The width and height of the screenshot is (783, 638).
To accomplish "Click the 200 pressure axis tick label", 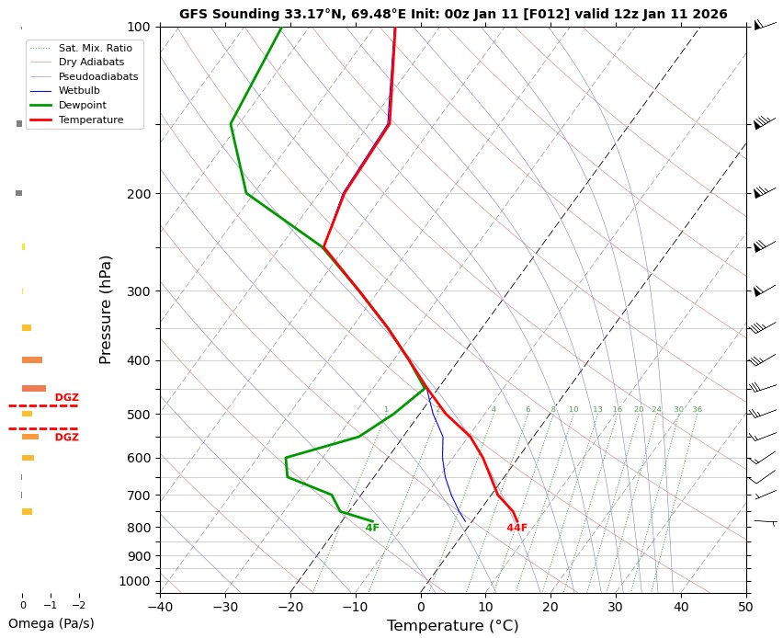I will tap(139, 194).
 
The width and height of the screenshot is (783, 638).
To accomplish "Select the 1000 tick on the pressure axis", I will tap(135, 581).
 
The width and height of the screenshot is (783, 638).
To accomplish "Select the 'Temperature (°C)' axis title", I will tap(453, 626).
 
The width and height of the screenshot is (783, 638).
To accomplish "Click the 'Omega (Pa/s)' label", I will tap(51, 623).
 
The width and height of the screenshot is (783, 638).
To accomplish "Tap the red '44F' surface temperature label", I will tap(516, 528).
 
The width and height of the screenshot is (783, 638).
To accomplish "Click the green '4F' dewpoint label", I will tap(372, 528).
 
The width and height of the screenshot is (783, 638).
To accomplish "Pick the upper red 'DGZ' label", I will tap(66, 398).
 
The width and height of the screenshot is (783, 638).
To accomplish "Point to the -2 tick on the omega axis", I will tap(78, 605).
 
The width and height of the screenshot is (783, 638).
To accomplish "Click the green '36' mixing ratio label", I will tap(697, 409).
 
